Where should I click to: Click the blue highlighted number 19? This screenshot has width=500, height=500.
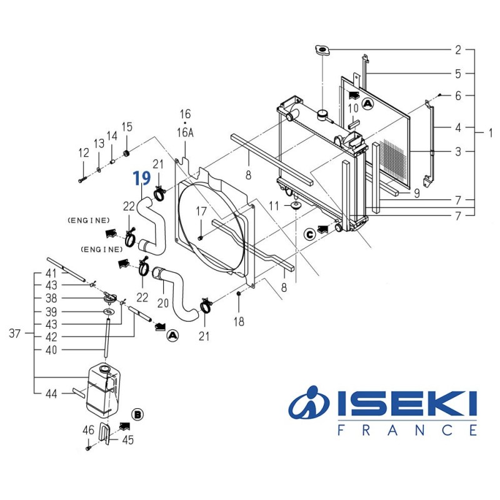141,178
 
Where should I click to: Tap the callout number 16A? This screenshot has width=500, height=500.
186,133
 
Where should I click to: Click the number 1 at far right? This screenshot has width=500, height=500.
491,132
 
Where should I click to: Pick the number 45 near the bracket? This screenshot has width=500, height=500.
127,439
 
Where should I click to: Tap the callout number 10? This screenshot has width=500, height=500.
353,108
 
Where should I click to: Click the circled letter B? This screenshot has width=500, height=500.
138,414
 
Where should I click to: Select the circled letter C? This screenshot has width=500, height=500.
309,234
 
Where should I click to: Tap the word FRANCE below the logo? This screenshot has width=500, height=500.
407,430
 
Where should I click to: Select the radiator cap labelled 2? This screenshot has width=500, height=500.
322,50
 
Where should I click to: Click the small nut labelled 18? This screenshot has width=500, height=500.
239,293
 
